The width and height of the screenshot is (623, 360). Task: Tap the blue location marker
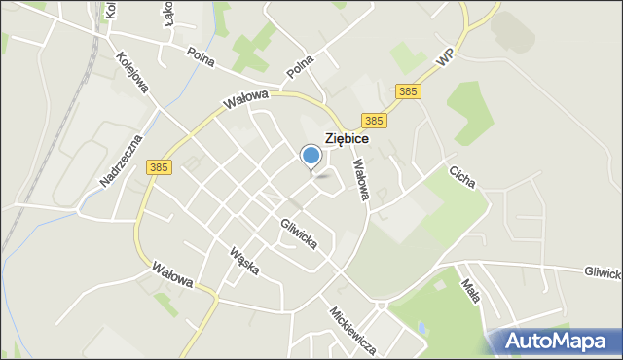coord(311,156)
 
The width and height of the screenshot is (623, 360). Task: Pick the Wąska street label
coord(242,260)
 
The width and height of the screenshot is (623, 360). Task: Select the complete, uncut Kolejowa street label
coord(132,73)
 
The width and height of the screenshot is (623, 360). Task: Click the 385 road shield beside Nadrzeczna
coord(161,167)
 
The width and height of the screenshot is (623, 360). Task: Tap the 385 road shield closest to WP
coord(409,91)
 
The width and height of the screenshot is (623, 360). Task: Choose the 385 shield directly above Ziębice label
coord(374,120)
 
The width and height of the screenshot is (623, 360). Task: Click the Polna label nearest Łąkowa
coord(201,57)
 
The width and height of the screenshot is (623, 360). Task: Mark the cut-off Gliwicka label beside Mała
coord(604,274)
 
